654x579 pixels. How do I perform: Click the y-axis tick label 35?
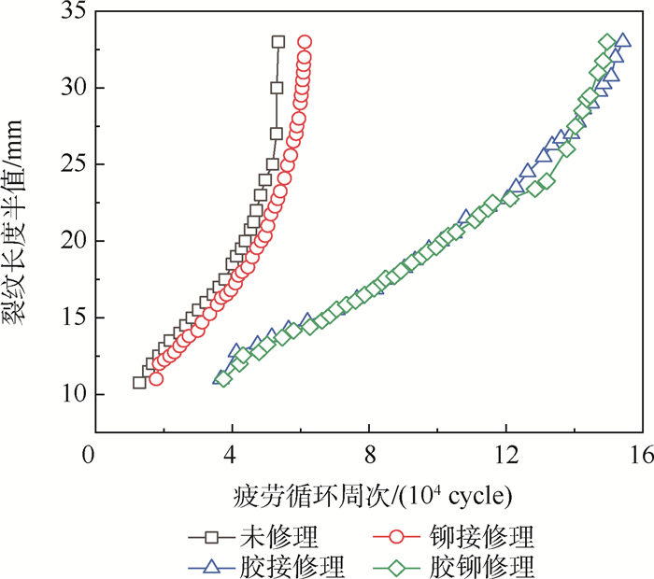(x=71, y=11)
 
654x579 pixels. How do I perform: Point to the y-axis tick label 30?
(x=71, y=88)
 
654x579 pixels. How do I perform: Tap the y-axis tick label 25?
(x=71, y=164)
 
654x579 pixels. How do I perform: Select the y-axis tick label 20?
(x=71, y=241)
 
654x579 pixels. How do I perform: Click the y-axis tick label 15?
(x=71, y=318)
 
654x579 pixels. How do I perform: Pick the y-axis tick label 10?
(x=71, y=394)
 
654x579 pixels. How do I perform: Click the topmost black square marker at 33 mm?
(x=278, y=42)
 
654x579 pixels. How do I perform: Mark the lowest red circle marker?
(x=156, y=378)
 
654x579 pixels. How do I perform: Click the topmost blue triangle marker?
(x=622, y=42)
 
